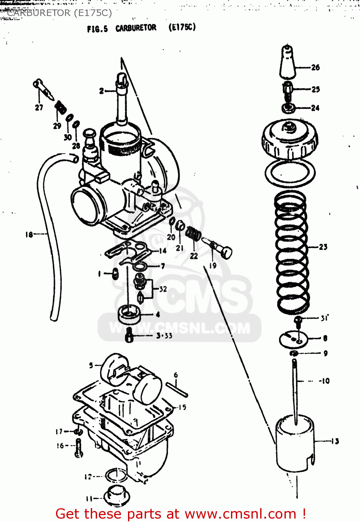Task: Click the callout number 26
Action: point(315,68)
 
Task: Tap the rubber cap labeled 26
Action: point(288,63)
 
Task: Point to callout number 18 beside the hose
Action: point(29,235)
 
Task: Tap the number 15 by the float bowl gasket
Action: point(182,407)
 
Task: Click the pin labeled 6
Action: point(177,389)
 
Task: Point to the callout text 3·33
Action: point(164,335)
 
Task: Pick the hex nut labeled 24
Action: point(288,108)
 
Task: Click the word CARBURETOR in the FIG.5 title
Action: point(136,28)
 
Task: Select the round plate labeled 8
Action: point(294,339)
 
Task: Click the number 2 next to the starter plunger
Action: point(102,91)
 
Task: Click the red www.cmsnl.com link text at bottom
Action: point(240,514)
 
